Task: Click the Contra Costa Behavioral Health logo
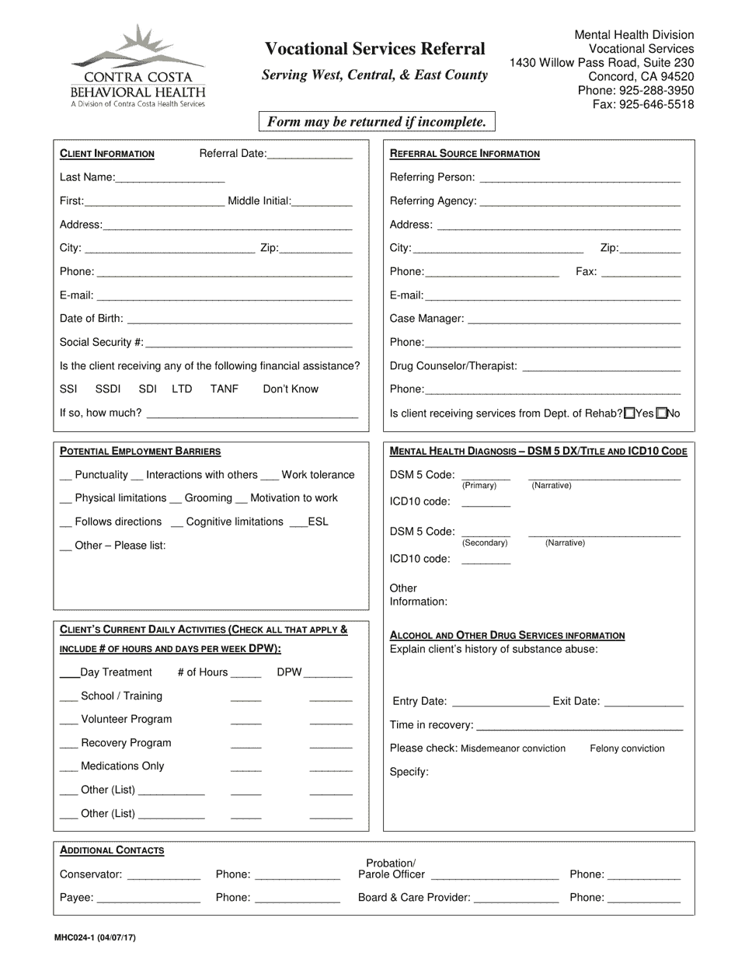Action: [x=138, y=66]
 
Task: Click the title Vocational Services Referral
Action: [x=375, y=49]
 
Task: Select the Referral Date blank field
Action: [x=309, y=155]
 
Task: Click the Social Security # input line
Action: [x=249, y=343]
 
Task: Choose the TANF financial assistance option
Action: [x=225, y=389]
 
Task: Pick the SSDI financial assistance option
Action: [x=108, y=389]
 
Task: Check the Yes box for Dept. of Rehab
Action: [x=629, y=413]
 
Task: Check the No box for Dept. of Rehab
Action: [x=661, y=413]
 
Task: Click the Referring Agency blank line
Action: [x=580, y=202]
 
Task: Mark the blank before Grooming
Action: [x=176, y=499]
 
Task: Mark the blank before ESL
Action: [x=298, y=522]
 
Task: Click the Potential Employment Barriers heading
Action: [x=140, y=451]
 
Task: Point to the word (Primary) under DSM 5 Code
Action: [x=479, y=486]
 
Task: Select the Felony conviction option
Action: [x=627, y=748]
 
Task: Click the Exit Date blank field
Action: [x=643, y=702]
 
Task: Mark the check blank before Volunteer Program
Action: [x=68, y=720]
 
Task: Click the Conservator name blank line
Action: [x=163, y=876]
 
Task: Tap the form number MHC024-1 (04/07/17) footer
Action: [x=96, y=938]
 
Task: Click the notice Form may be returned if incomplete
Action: [x=377, y=121]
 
